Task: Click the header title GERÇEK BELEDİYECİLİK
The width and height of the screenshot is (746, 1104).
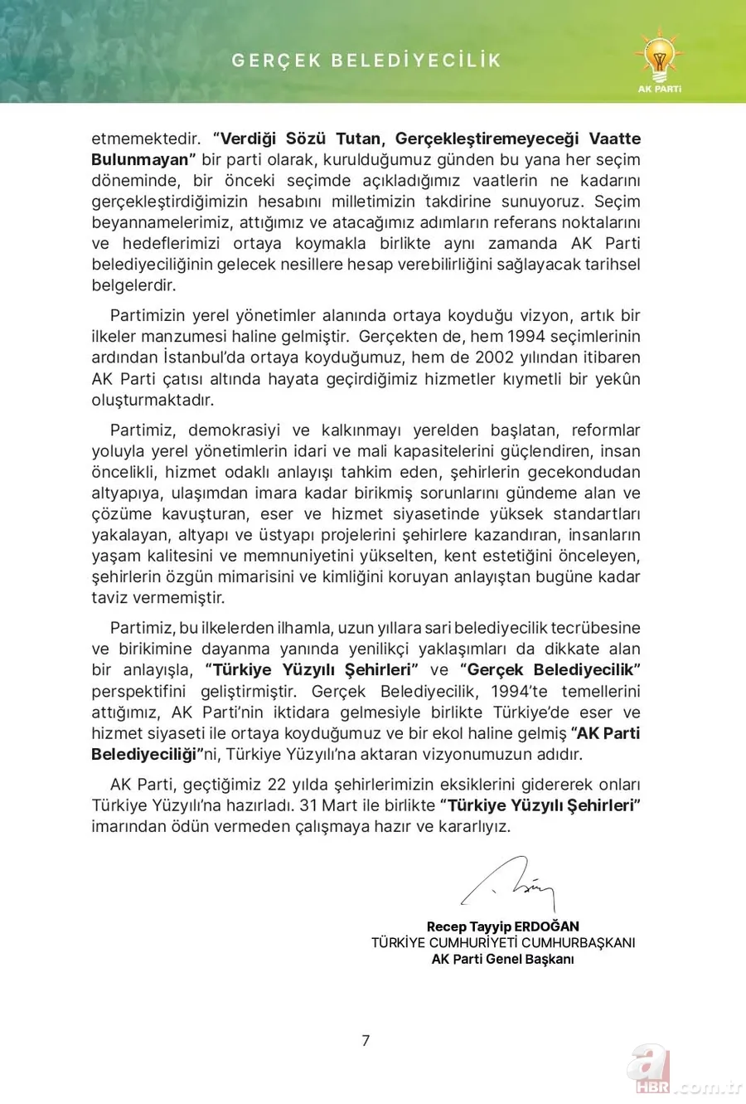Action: click(x=366, y=61)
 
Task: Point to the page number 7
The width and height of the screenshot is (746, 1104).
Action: click(x=366, y=1040)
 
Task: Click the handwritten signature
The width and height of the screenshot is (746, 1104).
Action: click(x=507, y=884)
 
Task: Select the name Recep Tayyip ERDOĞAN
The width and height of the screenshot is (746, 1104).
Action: click(x=502, y=926)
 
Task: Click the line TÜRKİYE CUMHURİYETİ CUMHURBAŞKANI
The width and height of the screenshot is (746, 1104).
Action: click(x=503, y=942)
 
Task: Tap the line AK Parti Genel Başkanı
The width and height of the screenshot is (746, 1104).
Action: click(x=502, y=959)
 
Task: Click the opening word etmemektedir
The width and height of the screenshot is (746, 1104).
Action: click(x=146, y=139)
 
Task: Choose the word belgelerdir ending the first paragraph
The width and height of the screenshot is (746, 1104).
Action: click(x=133, y=285)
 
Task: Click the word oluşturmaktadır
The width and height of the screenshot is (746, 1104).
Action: click(x=153, y=400)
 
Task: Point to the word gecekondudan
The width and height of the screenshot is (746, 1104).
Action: click(x=586, y=472)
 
